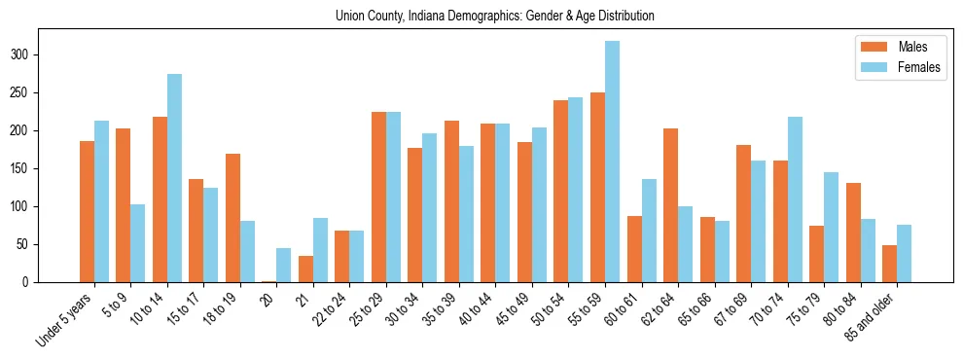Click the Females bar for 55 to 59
[x=612, y=162]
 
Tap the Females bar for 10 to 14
[x=174, y=178]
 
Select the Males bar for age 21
[x=305, y=269]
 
